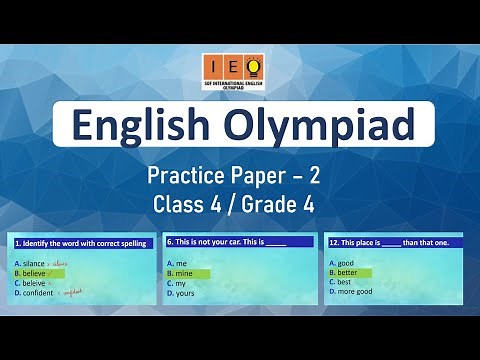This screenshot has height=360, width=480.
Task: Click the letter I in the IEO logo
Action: pos(210,66)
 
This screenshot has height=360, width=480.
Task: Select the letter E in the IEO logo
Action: pos(229,66)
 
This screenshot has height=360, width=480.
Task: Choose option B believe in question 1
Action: pos(36,272)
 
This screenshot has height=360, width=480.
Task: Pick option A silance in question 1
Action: pos(35,262)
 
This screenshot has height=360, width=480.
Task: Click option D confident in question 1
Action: pos(39,292)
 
